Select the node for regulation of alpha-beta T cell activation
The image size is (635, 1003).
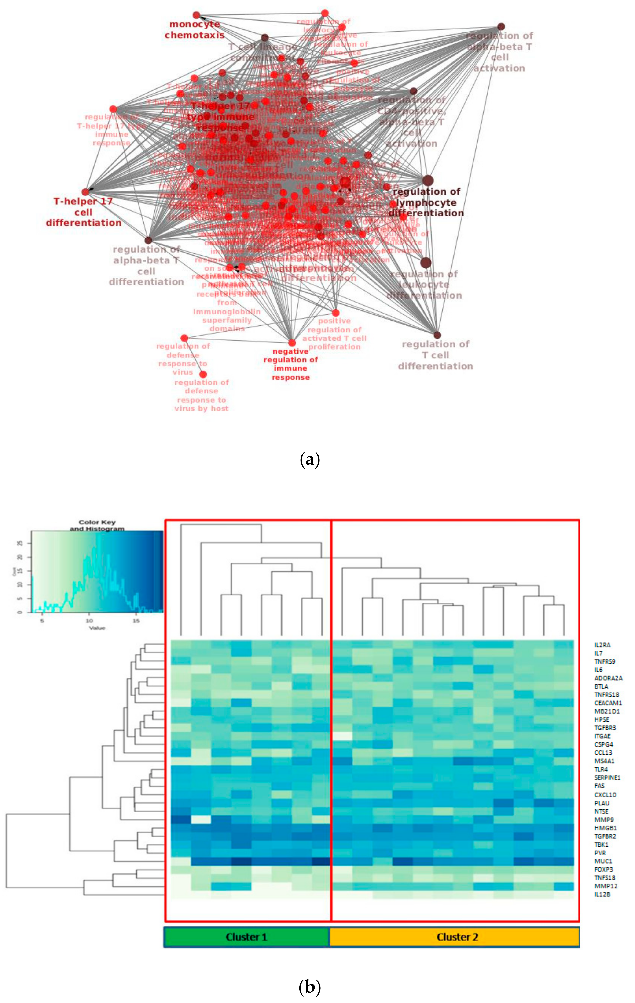point(501,27)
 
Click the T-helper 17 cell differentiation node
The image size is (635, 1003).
point(85,192)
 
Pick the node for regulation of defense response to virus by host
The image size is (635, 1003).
point(203,375)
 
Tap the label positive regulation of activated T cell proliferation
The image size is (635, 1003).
point(334,334)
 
